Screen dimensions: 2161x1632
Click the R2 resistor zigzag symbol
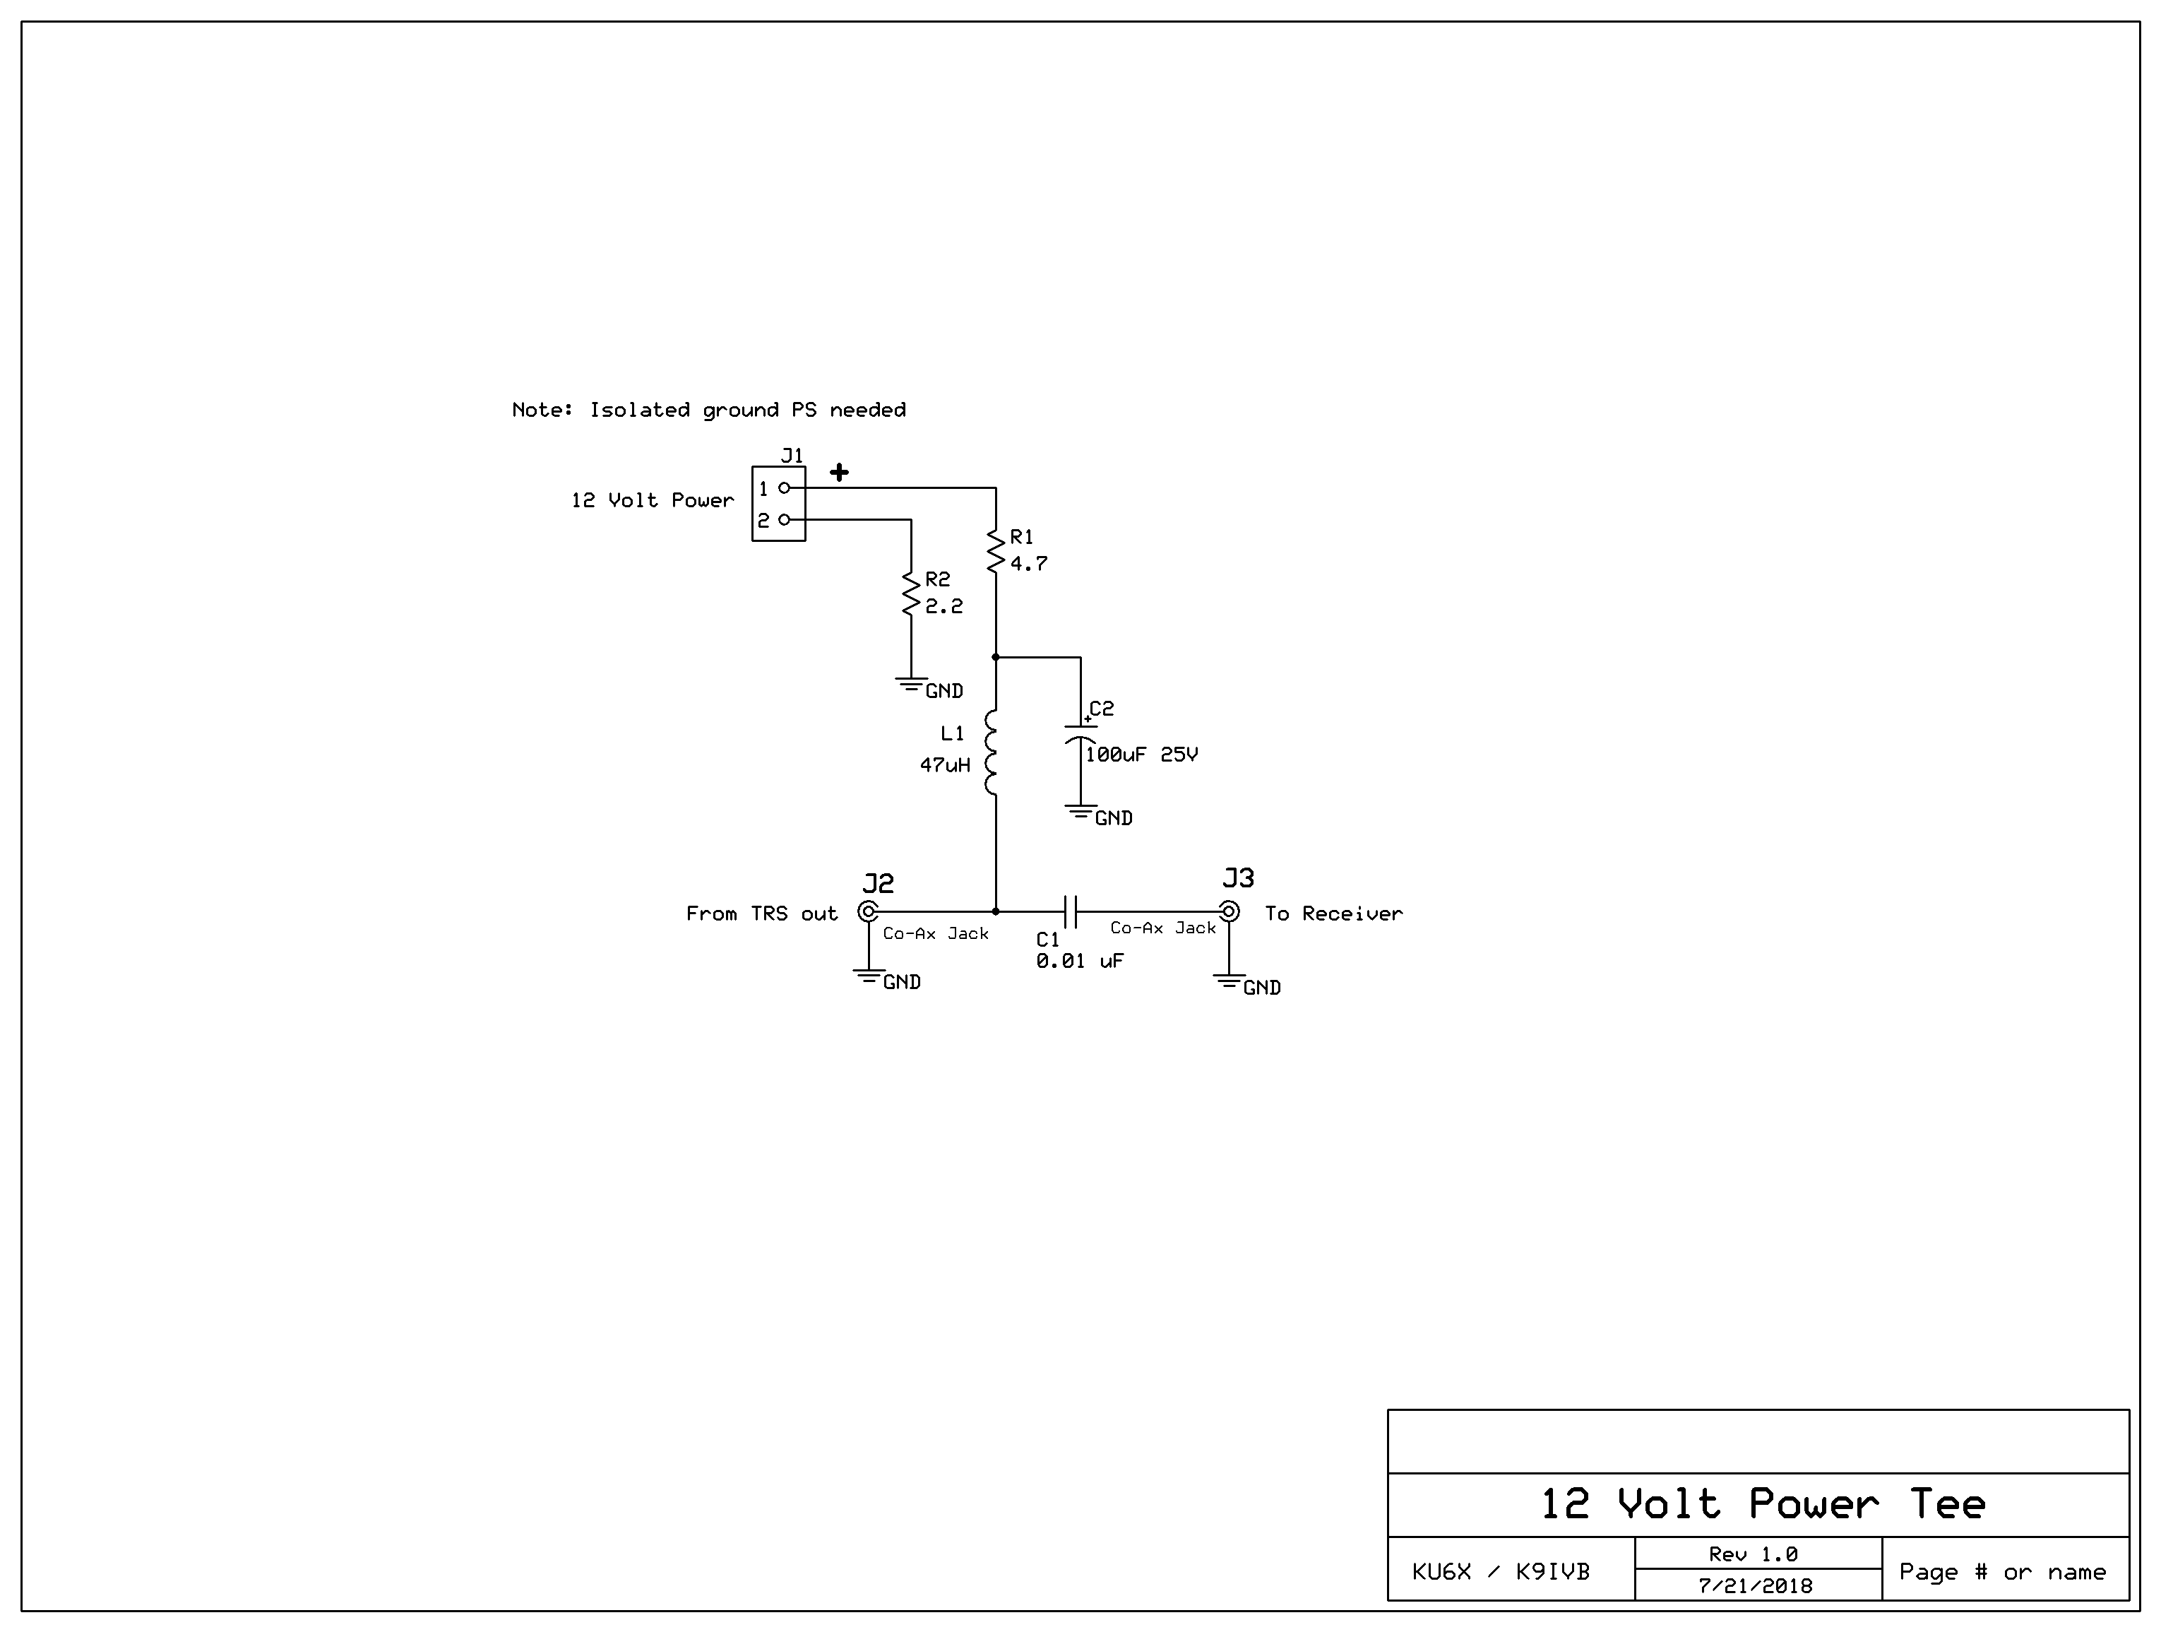[x=910, y=593]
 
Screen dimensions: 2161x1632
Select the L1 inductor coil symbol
[x=992, y=752]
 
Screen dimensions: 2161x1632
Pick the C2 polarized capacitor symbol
[x=1080, y=734]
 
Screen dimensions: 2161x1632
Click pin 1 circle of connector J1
[x=783, y=487]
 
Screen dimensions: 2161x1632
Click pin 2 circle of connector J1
[x=783, y=520]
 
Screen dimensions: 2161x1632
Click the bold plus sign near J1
[x=839, y=473]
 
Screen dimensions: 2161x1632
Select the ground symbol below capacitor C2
[x=1080, y=811]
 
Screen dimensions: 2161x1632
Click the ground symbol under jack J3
[x=1229, y=980]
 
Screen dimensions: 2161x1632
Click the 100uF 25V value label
[x=1141, y=755]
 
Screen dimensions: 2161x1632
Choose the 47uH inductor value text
[x=945, y=765]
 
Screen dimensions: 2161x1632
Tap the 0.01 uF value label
[x=1080, y=962]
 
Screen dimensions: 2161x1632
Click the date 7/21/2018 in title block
[x=1756, y=1586]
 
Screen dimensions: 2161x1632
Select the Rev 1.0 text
[x=1753, y=1554]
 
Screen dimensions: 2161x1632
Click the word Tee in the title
[x=1947, y=1504]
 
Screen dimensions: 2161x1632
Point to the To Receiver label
[x=1333, y=913]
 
